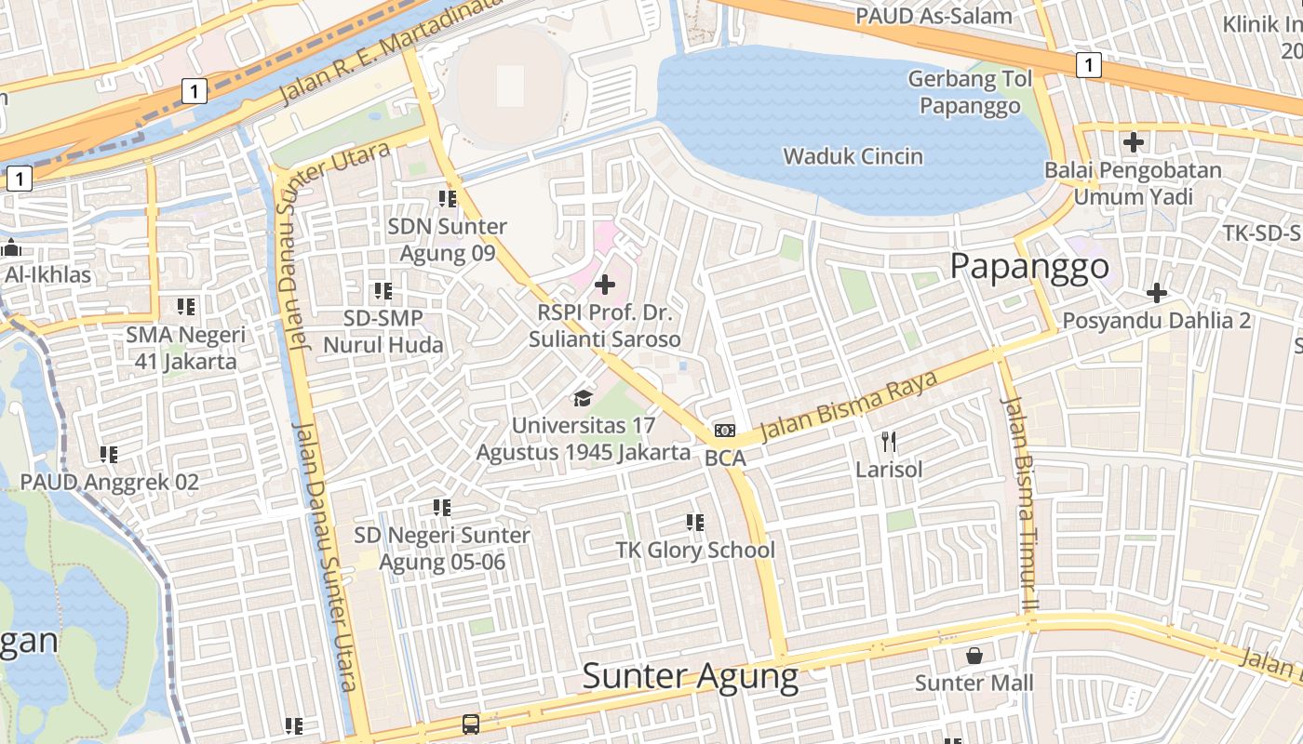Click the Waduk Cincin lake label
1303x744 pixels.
click(x=853, y=156)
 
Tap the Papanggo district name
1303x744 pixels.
click(x=1029, y=267)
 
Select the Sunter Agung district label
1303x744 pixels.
click(x=690, y=676)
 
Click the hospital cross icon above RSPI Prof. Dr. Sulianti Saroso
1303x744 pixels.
click(x=605, y=285)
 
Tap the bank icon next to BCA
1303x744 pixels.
click(x=725, y=430)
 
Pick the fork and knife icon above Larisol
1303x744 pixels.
click(x=889, y=442)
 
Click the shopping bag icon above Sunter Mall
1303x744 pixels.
click(x=974, y=656)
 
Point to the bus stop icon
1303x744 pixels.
click(x=471, y=724)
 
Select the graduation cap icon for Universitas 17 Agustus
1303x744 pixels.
click(x=583, y=399)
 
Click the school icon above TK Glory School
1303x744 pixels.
click(x=694, y=523)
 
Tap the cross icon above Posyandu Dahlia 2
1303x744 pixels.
click(x=1156, y=294)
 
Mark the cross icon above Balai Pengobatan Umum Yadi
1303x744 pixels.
click(x=1133, y=143)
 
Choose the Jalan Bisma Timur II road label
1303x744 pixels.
click(x=1020, y=502)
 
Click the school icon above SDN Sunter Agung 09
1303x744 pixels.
click(x=448, y=199)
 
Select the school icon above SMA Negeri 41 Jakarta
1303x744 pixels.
click(x=185, y=307)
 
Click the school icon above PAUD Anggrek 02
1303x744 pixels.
click(x=109, y=455)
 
